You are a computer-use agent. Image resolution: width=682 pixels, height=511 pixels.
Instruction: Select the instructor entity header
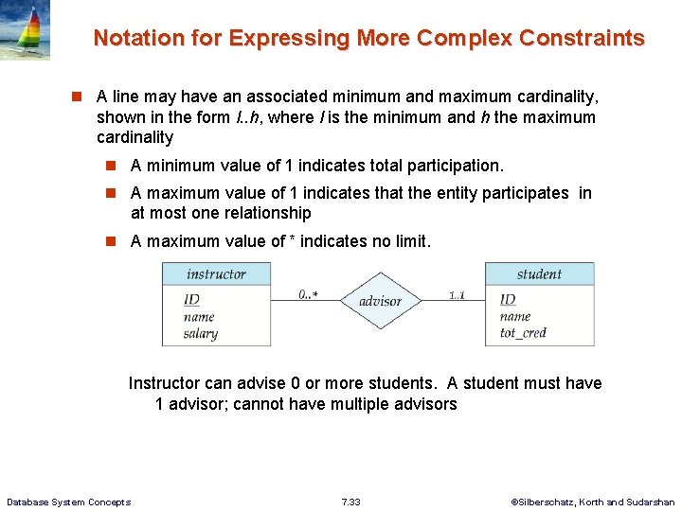(216, 274)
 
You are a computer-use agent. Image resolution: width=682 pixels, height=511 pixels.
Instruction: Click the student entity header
(539, 274)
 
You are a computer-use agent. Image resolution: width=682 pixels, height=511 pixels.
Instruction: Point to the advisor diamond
(380, 301)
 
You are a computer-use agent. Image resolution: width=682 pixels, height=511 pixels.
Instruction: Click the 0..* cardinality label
(308, 294)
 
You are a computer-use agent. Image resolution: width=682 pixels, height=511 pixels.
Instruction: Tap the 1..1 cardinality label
(457, 294)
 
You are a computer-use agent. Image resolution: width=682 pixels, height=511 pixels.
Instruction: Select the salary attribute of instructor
(200, 333)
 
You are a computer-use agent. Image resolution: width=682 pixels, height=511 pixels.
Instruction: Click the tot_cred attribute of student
(524, 333)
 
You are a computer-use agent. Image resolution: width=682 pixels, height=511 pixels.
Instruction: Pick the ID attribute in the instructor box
(191, 300)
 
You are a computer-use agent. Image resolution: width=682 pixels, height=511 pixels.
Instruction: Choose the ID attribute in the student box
(508, 300)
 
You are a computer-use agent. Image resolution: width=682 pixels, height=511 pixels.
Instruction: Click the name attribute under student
(515, 317)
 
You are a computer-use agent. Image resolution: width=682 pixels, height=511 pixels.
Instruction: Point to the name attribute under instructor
(199, 317)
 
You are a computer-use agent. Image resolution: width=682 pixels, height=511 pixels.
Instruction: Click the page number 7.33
(350, 502)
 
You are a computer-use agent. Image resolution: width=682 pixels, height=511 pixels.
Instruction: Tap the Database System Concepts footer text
(68, 502)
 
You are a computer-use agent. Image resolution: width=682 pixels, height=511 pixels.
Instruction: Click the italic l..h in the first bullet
(246, 117)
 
